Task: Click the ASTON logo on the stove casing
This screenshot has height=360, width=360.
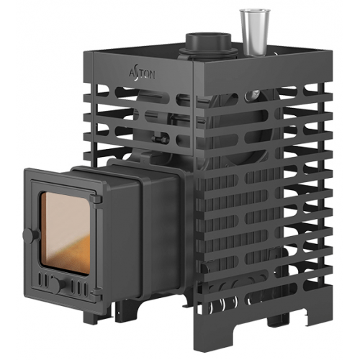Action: [x=142, y=74]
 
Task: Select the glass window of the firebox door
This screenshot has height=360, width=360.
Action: [x=66, y=233]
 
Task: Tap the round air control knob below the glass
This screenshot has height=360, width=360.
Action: [x=58, y=285]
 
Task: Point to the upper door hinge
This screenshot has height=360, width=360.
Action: [x=96, y=201]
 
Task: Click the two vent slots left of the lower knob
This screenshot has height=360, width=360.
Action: [x=43, y=279]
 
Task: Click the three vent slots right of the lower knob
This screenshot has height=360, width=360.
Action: [x=79, y=287]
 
